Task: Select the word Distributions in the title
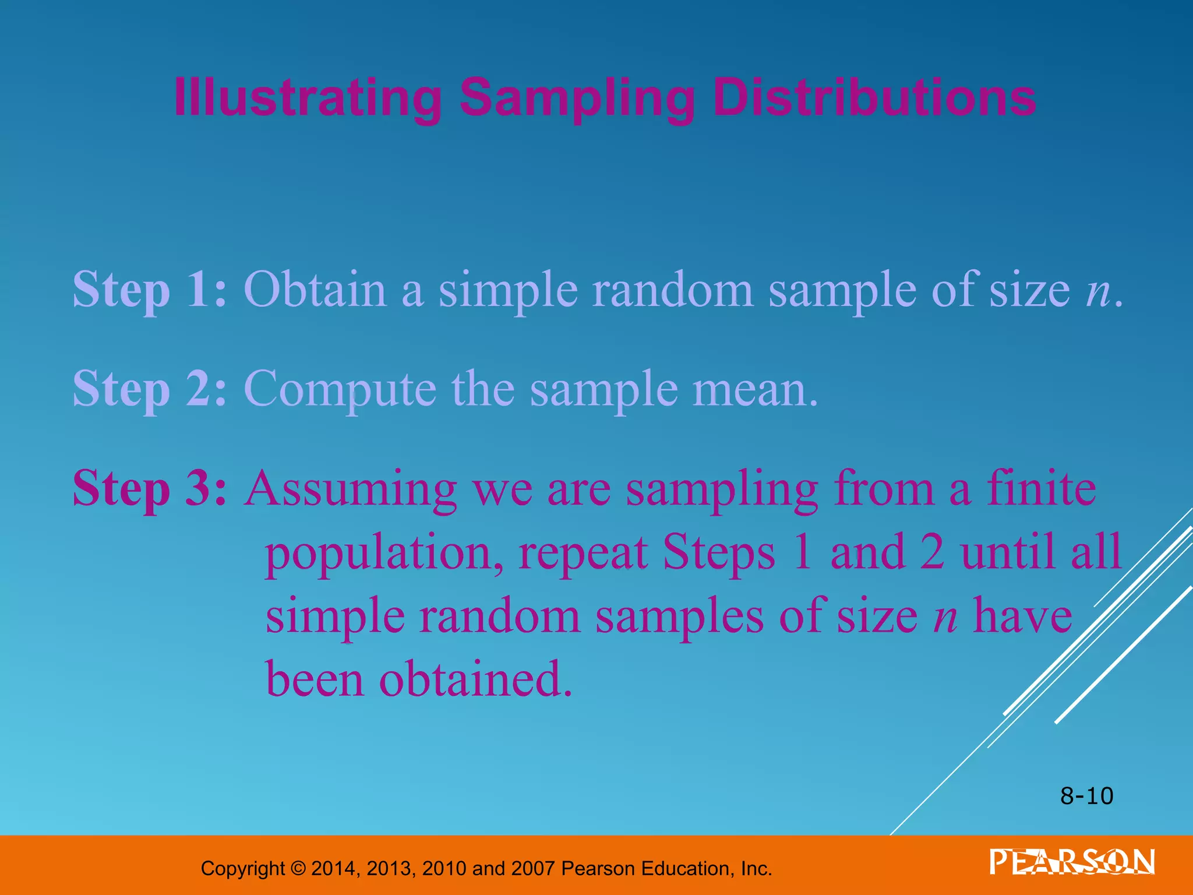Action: coord(874,98)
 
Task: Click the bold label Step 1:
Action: coord(149,290)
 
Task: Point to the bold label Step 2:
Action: coord(149,389)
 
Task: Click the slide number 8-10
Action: coord(1086,796)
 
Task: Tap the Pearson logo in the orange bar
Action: coord(1072,862)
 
